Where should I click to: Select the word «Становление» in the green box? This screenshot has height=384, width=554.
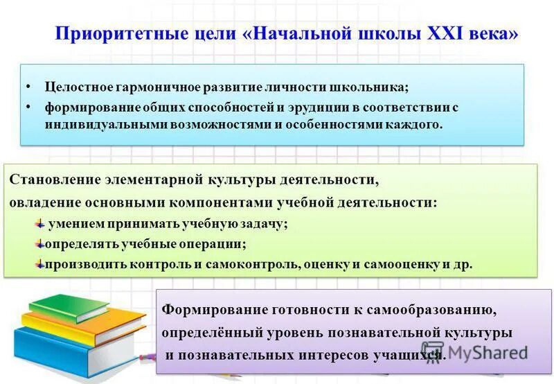[55, 180]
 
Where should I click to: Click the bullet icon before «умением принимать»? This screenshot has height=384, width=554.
[40, 223]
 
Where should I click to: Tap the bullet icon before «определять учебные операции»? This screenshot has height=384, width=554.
[40, 243]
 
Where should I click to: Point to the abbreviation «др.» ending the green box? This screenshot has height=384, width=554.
[463, 264]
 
